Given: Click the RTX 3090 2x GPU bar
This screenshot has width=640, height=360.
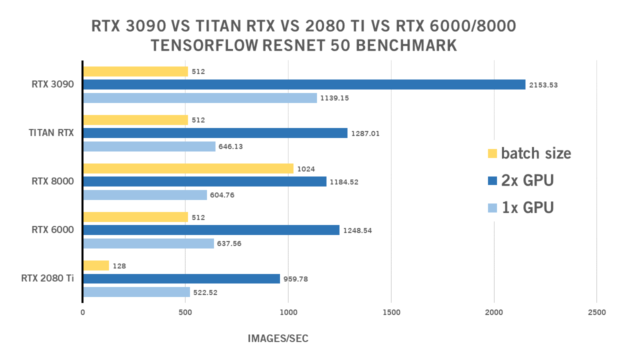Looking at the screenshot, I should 304,84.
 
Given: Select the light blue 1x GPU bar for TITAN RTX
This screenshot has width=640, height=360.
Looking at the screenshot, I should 149,146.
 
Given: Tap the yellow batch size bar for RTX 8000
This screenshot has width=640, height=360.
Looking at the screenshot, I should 188,168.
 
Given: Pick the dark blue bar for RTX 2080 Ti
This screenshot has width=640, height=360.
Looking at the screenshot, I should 181,278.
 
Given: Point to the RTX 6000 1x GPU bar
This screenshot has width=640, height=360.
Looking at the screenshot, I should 148,243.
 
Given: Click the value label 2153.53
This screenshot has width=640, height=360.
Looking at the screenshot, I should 543,85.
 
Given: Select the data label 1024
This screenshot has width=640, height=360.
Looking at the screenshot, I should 306,169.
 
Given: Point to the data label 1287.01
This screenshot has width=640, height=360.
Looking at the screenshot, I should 365,133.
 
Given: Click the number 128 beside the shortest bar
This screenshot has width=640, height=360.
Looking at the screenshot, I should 119,266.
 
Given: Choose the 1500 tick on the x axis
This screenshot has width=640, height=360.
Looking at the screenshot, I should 391,312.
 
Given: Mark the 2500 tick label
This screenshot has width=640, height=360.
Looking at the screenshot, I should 596,312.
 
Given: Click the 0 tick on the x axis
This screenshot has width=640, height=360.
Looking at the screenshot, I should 83,312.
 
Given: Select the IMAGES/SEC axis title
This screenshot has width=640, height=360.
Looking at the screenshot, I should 278,338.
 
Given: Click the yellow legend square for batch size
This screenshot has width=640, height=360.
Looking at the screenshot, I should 492,153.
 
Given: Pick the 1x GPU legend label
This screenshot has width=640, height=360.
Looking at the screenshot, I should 527,206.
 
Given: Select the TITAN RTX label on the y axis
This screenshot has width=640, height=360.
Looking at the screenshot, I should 51,133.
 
